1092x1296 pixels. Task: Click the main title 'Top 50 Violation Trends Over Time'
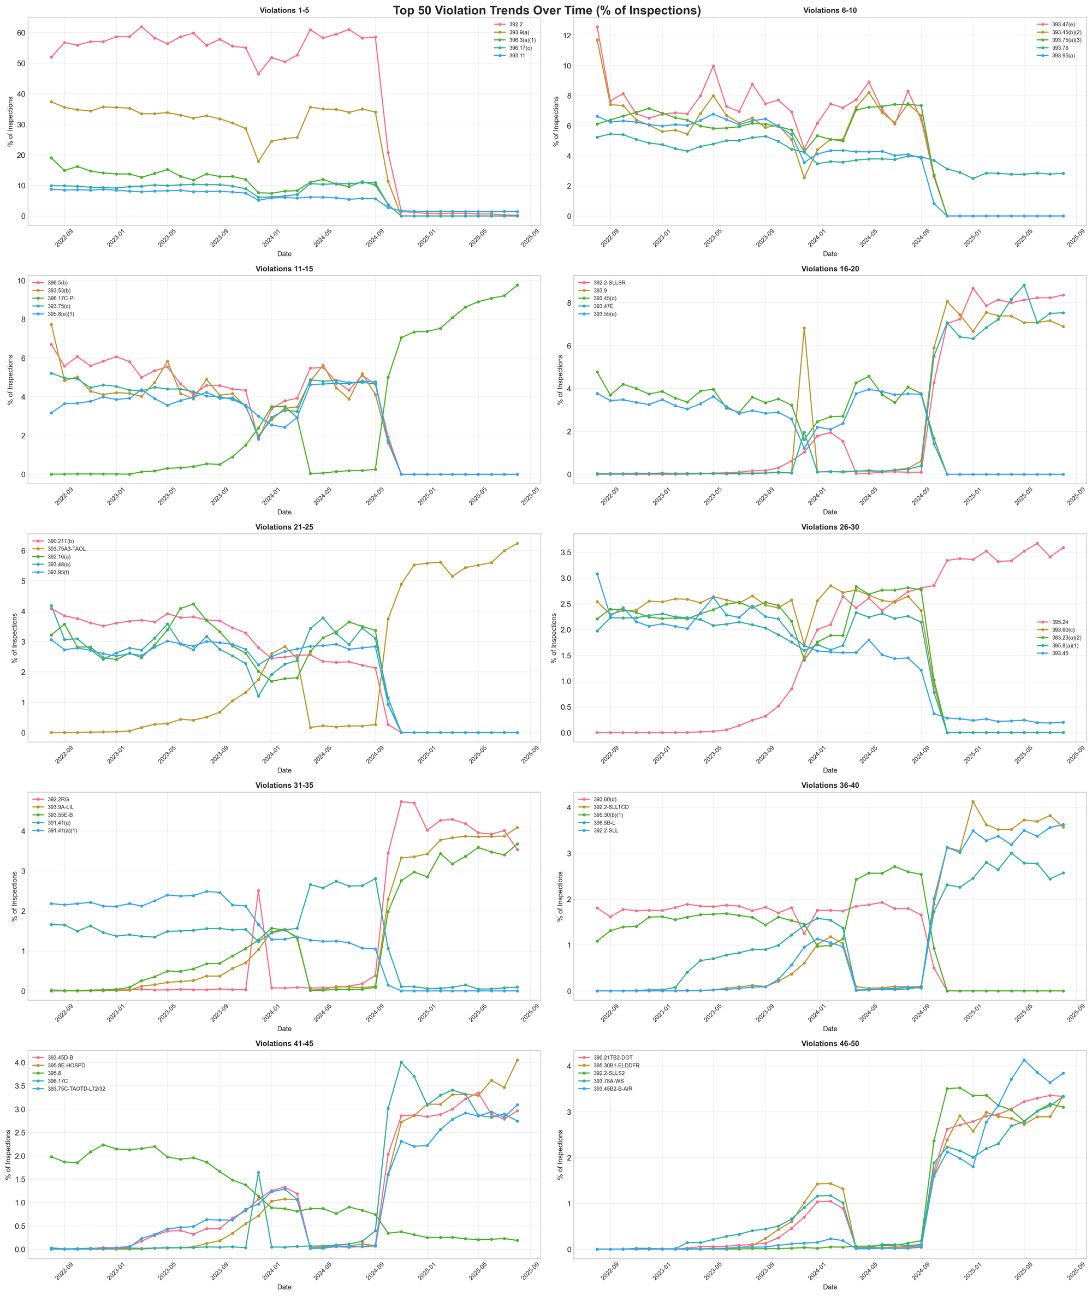point(546,10)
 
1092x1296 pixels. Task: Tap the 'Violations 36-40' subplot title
point(829,786)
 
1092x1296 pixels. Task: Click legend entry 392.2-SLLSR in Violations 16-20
point(609,283)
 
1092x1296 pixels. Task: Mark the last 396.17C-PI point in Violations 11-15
point(517,286)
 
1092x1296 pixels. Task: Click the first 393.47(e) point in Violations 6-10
point(597,27)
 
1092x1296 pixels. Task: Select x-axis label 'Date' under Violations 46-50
point(829,1287)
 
